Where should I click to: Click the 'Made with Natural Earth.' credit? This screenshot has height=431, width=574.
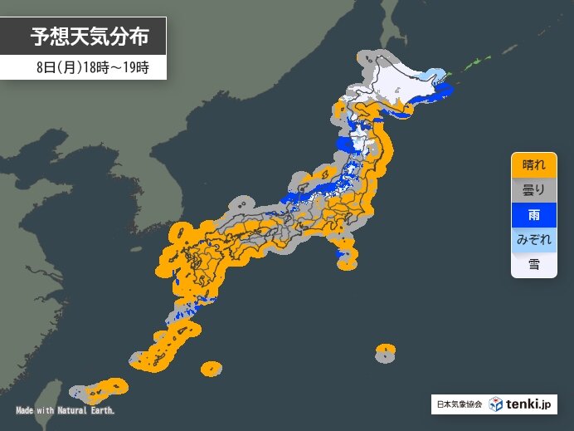tap(66, 411)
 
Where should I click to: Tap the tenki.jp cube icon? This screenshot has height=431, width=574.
tap(496, 404)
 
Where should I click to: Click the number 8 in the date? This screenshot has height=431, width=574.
tap(41, 68)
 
